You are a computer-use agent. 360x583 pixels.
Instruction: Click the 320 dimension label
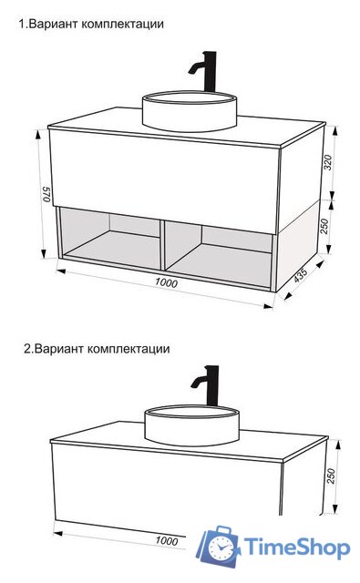point(328,163)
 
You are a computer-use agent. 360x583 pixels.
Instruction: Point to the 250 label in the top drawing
point(324,225)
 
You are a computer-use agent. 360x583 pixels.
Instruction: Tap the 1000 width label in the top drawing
point(166,283)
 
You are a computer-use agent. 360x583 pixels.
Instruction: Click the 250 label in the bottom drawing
point(332,476)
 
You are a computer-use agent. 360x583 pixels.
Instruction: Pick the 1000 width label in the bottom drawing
point(166,541)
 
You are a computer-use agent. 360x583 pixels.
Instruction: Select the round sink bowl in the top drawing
point(190,110)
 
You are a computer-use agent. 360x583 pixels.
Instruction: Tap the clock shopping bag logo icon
point(221,546)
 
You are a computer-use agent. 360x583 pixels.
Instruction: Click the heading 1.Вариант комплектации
point(92,24)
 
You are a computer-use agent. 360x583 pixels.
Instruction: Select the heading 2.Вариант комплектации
point(97,348)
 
